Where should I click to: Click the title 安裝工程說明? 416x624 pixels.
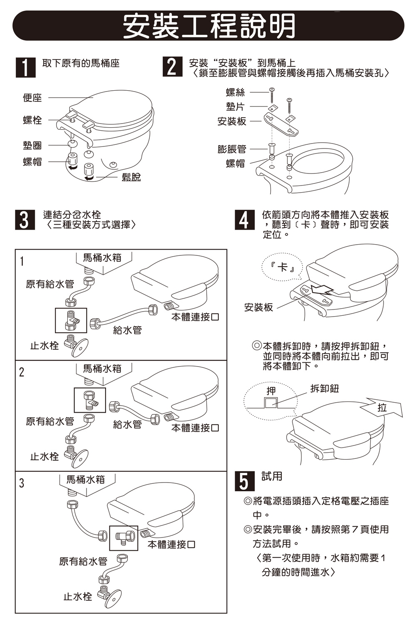point(209,26)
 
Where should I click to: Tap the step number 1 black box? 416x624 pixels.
point(25,67)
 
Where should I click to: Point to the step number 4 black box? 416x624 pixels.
point(244,220)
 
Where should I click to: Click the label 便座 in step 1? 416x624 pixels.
point(32,98)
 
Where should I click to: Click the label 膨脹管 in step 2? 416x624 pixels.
point(232,149)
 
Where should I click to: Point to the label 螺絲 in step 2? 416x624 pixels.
point(235,92)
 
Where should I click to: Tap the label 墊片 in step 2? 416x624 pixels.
point(235,107)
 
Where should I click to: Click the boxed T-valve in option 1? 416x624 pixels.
point(71,320)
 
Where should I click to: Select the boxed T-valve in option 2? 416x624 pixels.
point(90,400)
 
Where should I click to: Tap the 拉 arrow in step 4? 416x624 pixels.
point(382,407)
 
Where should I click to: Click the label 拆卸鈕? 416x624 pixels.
point(324,389)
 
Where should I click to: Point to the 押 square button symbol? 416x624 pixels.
point(271,402)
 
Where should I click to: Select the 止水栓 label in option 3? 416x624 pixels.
point(78,597)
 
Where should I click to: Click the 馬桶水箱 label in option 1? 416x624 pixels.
point(102,258)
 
